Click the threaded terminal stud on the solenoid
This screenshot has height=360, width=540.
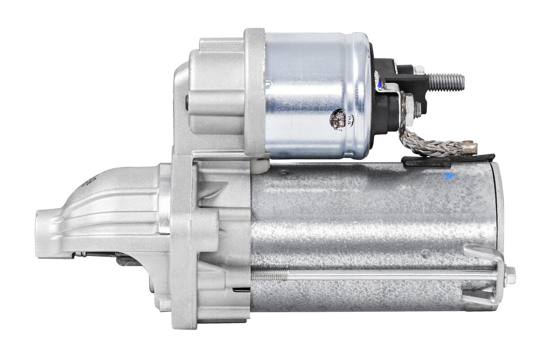click(x=445, y=81)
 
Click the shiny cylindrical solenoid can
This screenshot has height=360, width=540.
click(x=315, y=94)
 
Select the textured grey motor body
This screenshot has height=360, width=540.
click(x=369, y=225)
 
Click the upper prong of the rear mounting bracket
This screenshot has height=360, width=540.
click(x=484, y=252)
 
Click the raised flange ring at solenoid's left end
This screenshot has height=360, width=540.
click(x=255, y=92)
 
